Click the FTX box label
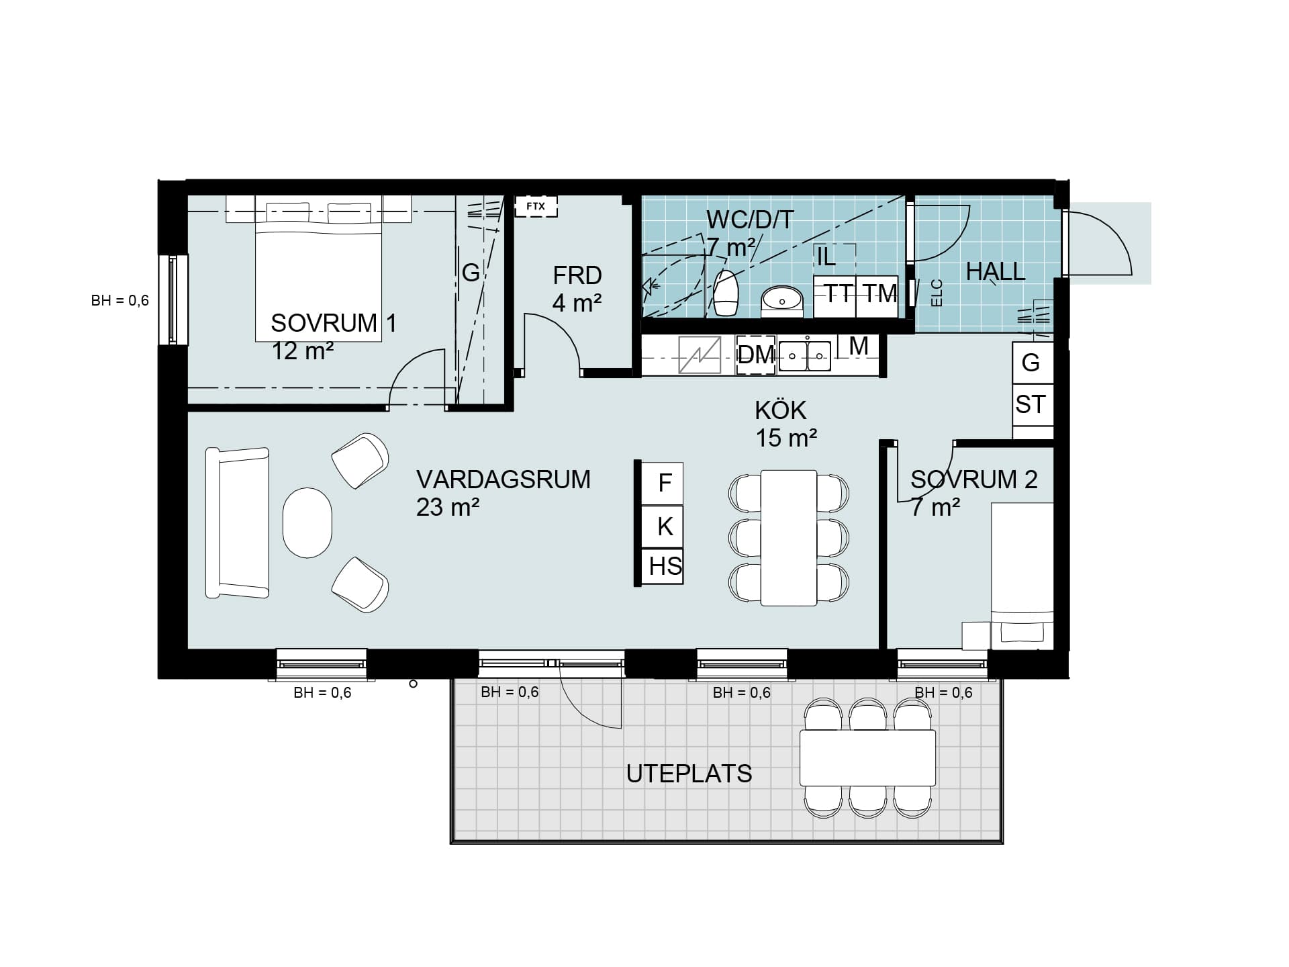[536, 206]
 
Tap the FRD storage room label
[577, 276]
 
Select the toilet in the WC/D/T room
[726, 293]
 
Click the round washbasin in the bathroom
[782, 300]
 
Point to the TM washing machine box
[877, 296]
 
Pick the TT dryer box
[834, 296]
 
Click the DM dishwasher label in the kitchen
[756, 355]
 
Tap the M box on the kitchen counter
[859, 347]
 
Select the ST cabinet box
[1032, 405]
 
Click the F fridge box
[663, 483]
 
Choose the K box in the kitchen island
[663, 526]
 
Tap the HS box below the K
[663, 566]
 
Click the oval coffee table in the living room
[307, 522]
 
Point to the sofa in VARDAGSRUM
[237, 522]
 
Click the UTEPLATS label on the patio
[689, 774]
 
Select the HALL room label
[996, 271]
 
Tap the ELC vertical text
[937, 293]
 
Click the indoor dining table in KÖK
[789, 538]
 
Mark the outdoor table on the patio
[867, 757]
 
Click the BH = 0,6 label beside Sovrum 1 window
[120, 300]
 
